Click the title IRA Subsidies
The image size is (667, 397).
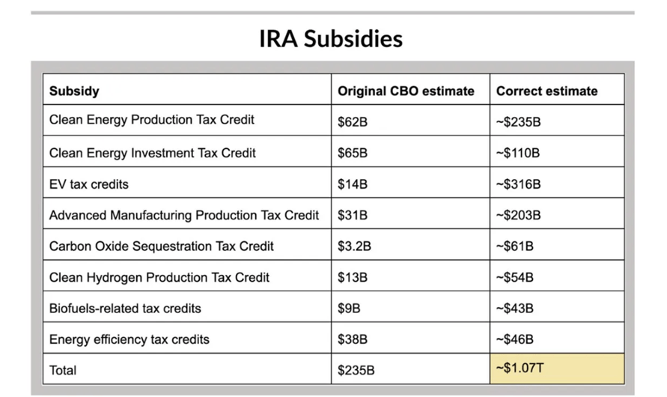coord(331,38)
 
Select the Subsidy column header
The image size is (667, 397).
coord(74,91)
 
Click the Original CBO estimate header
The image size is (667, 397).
coord(406,91)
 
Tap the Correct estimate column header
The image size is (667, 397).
coord(546,91)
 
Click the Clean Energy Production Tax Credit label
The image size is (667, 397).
coord(152,120)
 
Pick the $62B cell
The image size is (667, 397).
coord(353,122)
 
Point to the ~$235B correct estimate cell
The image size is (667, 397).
coord(518,122)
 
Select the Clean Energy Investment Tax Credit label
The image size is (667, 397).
coord(152,153)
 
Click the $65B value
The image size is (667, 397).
coord(353,154)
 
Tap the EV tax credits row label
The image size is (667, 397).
coord(89,184)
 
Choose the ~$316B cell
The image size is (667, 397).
coord(518,184)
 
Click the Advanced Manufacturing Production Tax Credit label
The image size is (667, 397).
coord(184,215)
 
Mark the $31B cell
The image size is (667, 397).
coord(353,216)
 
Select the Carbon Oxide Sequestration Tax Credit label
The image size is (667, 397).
coord(161,246)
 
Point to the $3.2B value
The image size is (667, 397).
coord(356,246)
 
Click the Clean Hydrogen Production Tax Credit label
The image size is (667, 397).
coord(159,277)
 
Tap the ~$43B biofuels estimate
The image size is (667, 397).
coord(515,309)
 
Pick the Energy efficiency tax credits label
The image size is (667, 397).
coord(129,339)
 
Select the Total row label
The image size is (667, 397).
coord(63,370)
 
